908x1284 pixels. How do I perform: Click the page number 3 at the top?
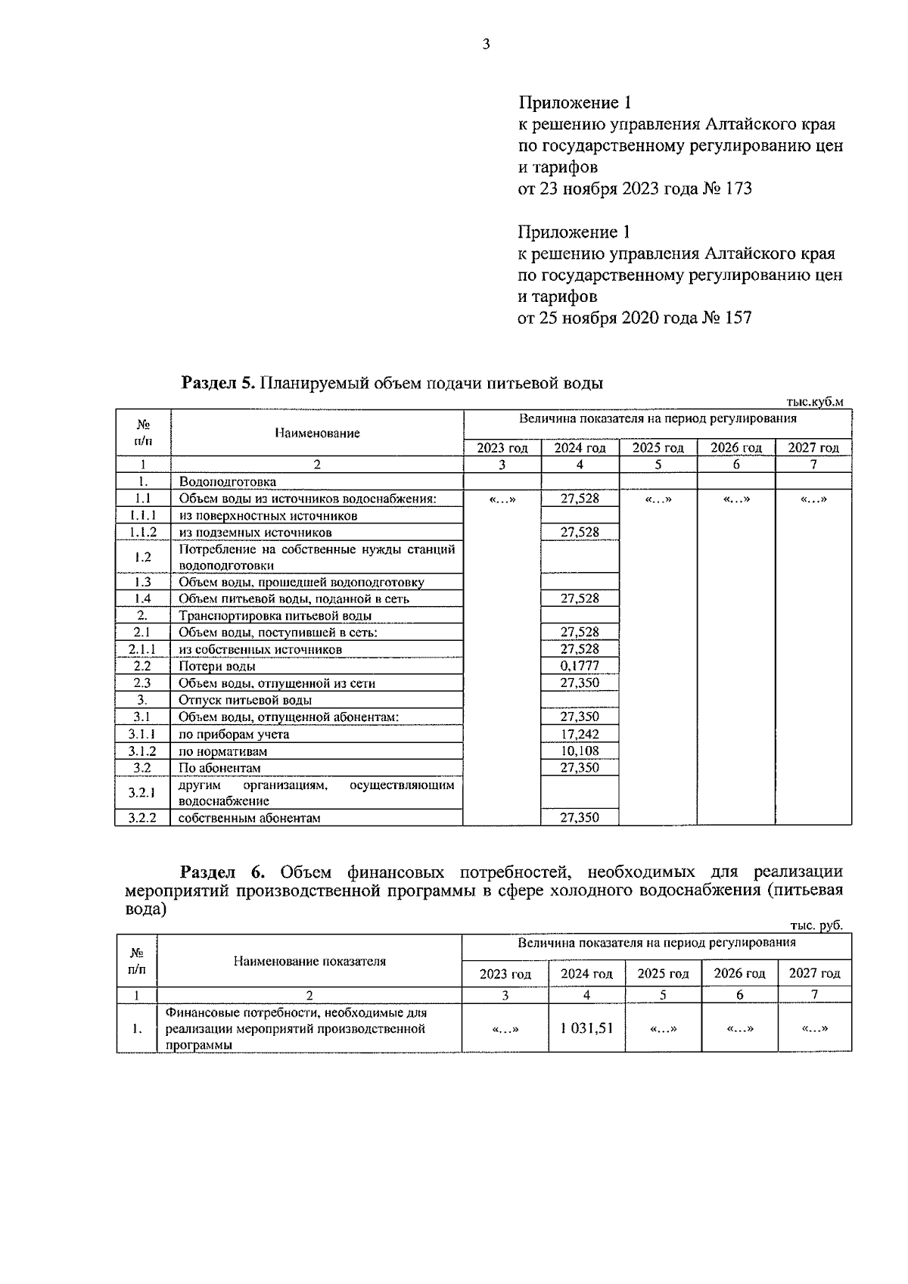pyautogui.click(x=487, y=44)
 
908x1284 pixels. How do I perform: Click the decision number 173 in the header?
pyautogui.click(x=738, y=188)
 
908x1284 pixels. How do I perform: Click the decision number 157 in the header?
pyautogui.click(x=738, y=318)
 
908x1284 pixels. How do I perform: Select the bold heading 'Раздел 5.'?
pyautogui.click(x=219, y=383)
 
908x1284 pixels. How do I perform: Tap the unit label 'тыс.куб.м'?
pyautogui.click(x=815, y=402)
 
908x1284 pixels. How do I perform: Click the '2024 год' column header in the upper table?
pyautogui.click(x=580, y=448)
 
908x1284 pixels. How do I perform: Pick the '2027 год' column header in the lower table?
pyautogui.click(x=814, y=973)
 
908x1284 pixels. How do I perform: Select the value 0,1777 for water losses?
pyautogui.click(x=580, y=666)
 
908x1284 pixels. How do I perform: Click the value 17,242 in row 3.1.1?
pyautogui.click(x=580, y=734)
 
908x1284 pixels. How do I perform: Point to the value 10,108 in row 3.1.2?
pyautogui.click(x=580, y=751)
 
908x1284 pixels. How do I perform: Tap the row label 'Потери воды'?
pyautogui.click(x=217, y=667)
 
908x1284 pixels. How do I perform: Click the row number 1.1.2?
pyautogui.click(x=142, y=532)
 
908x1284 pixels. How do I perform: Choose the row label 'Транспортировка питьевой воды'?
pyautogui.click(x=275, y=616)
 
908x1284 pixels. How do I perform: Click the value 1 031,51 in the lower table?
pyautogui.click(x=586, y=1028)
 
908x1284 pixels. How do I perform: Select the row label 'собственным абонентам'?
pyautogui.click(x=250, y=818)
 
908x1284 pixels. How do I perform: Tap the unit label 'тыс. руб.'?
pyautogui.click(x=816, y=925)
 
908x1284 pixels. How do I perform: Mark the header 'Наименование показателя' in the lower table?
pyautogui.click(x=309, y=961)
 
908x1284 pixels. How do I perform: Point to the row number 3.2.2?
pyautogui.click(x=142, y=818)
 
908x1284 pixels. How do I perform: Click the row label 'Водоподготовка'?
pyautogui.click(x=228, y=481)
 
